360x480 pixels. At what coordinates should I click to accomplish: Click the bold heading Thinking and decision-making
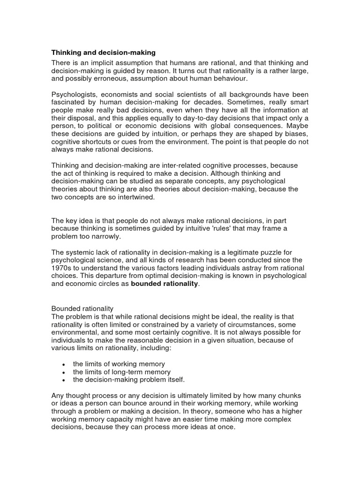pyautogui.click(x=104, y=52)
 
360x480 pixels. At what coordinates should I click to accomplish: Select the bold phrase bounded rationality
pyautogui.click(x=165, y=284)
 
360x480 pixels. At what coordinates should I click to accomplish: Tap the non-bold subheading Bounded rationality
pyautogui.click(x=82, y=308)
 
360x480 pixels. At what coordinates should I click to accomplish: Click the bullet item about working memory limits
pyautogui.click(x=119, y=364)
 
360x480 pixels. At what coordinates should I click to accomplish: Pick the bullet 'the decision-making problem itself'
pyautogui.click(x=129, y=379)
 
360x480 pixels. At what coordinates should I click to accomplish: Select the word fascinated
pyautogui.click(x=69, y=102)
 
